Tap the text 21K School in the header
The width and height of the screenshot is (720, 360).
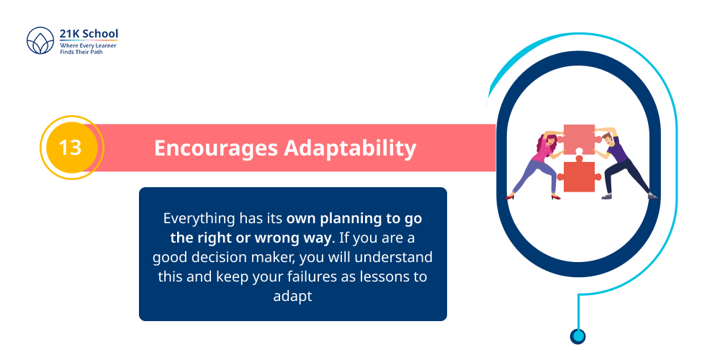click(89, 34)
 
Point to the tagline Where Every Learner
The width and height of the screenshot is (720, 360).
click(88, 45)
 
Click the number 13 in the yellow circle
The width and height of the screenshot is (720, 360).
click(70, 148)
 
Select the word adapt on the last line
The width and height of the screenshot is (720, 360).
click(292, 296)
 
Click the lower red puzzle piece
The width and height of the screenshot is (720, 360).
click(578, 177)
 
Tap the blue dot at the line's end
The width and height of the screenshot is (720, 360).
click(577, 336)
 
